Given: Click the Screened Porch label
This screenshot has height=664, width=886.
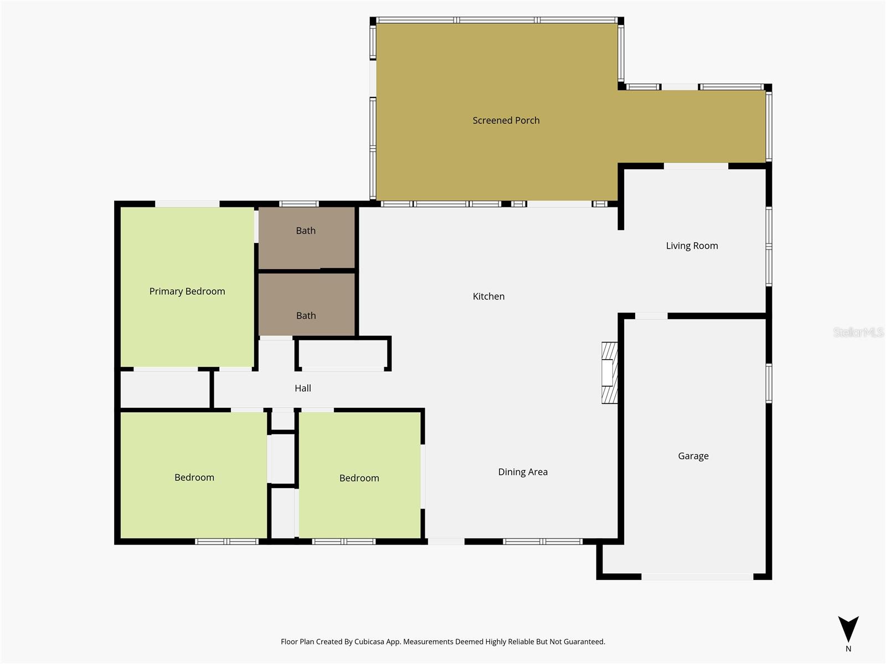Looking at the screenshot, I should click(506, 121).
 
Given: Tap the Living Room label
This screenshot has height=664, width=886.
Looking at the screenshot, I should click(692, 246).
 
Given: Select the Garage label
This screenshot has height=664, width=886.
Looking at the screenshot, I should click(693, 456).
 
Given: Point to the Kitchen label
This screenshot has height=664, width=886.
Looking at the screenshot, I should click(488, 297).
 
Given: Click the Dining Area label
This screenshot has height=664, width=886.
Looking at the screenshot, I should click(523, 472).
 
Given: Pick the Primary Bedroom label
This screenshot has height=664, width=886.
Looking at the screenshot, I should click(187, 292).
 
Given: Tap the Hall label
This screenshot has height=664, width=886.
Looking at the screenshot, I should click(303, 388).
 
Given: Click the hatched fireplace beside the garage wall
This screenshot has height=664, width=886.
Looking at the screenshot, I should click(609, 373).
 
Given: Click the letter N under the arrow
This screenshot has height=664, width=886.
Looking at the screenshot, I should click(848, 649).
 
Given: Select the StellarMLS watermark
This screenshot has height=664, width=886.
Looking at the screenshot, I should click(858, 332).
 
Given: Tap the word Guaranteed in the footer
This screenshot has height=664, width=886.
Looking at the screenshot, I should click(585, 642).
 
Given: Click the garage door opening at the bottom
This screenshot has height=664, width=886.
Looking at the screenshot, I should click(697, 577).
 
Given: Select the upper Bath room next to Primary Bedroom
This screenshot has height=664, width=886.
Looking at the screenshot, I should click(306, 238).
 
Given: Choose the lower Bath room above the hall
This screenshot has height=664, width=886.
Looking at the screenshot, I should click(306, 304).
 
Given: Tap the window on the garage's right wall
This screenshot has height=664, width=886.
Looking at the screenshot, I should click(769, 383).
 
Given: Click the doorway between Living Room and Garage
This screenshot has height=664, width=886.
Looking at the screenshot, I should click(651, 316).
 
